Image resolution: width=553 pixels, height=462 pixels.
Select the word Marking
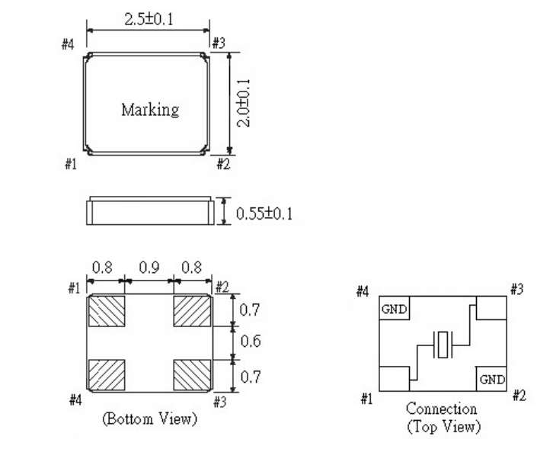149,109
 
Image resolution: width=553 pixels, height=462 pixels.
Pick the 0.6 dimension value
250,342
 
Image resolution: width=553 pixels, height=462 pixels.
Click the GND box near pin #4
394,309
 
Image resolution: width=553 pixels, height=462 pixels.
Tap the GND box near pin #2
491,379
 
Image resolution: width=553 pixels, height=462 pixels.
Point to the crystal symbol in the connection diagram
443,345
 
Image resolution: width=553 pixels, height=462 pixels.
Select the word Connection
442,409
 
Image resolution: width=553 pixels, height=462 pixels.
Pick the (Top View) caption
442,425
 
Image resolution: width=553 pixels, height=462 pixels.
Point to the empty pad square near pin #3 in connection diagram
491,309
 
